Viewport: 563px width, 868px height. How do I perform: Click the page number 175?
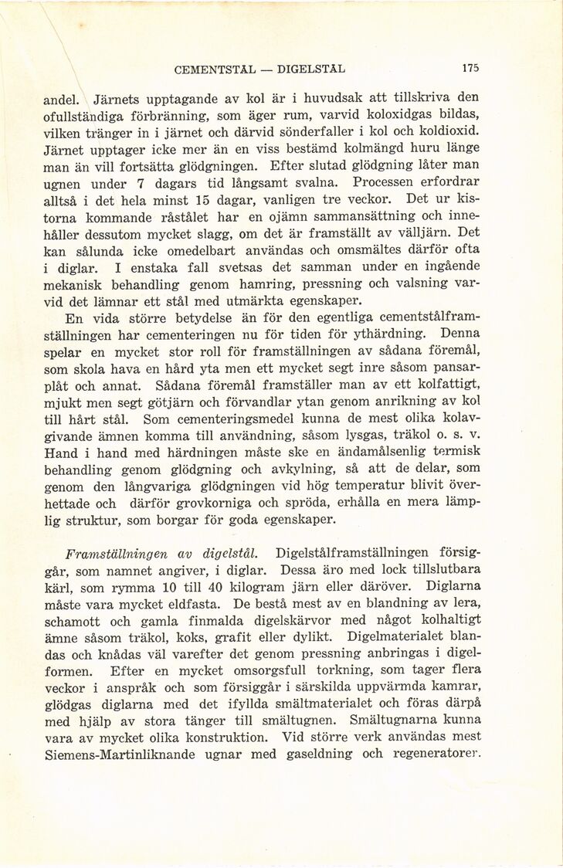470,68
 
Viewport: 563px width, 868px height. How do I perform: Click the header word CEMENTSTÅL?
215,69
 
